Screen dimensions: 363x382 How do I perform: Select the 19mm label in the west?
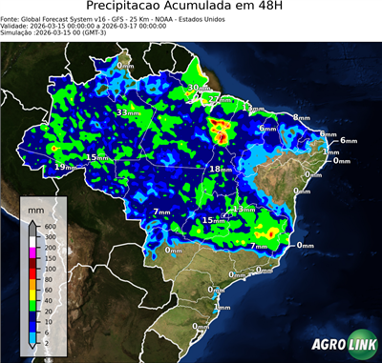point(64,167)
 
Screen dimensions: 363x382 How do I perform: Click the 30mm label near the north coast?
point(196,88)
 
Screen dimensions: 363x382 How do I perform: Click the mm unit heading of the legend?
point(34,204)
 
